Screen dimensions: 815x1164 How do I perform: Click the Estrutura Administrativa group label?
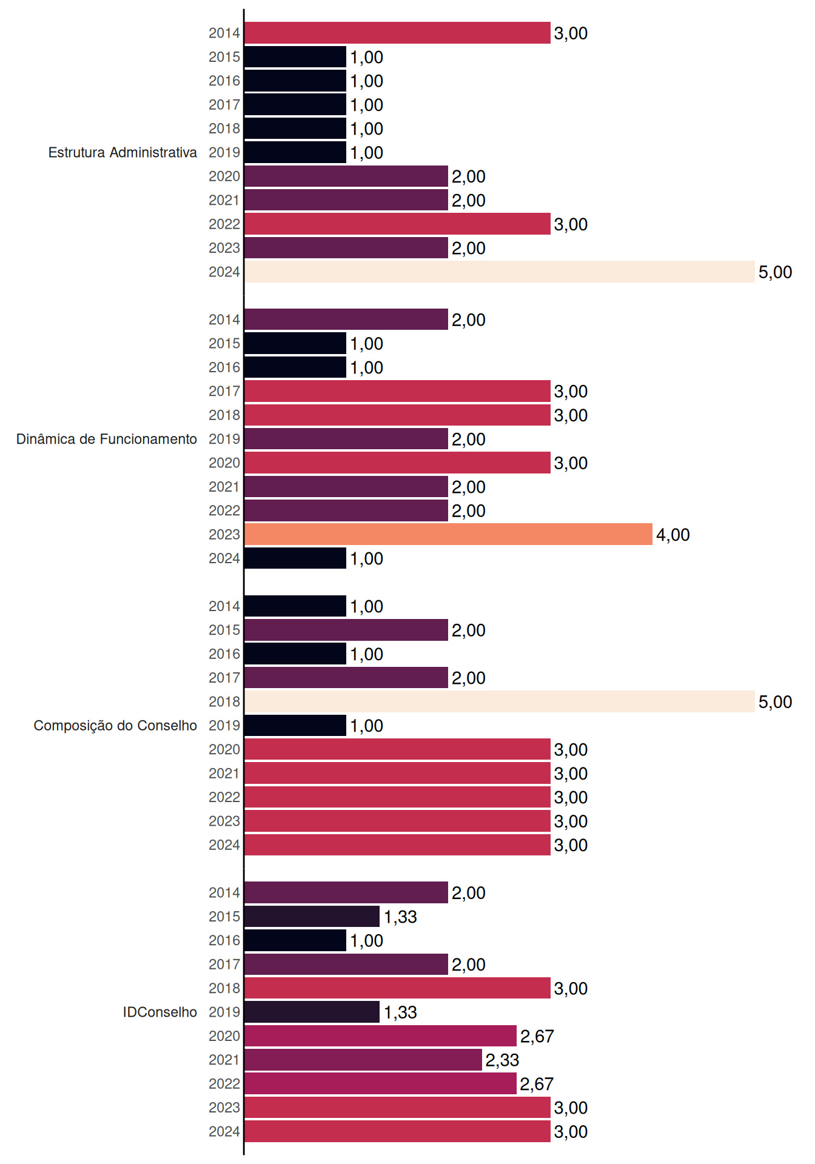122,152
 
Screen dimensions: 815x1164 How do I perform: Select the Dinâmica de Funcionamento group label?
107,439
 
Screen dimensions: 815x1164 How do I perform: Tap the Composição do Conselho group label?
115,726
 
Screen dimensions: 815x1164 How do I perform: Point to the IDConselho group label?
160,1012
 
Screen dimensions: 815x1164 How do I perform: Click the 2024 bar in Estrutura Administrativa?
500,272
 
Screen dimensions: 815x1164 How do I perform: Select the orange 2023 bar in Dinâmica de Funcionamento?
449,534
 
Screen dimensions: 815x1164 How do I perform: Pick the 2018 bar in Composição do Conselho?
500,701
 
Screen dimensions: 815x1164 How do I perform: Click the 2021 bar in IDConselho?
363,1060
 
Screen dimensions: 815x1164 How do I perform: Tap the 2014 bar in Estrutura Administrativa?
397,33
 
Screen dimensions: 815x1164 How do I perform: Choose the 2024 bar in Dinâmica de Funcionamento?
295,558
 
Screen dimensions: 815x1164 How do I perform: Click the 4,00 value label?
673,535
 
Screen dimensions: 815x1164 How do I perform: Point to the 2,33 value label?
502,1060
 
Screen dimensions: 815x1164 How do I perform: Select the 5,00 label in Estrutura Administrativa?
775,272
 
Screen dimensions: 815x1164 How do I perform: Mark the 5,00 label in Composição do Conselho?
775,702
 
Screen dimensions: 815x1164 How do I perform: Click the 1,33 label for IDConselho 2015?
400,917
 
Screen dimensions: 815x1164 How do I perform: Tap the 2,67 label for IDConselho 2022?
537,1084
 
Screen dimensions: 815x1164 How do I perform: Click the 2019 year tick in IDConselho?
224,1012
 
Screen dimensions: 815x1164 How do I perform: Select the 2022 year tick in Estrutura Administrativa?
224,224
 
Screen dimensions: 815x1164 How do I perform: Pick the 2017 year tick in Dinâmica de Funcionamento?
224,391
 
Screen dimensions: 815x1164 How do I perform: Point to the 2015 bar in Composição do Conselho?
346,630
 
